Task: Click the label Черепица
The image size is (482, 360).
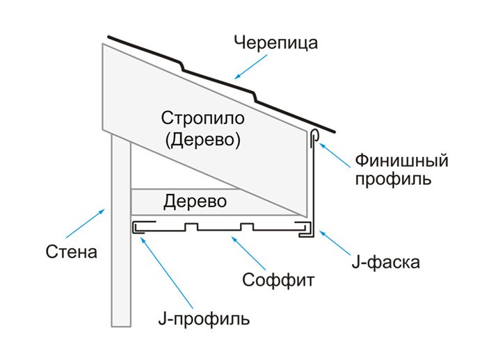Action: click(x=275, y=42)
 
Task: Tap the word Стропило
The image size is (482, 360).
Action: click(x=203, y=118)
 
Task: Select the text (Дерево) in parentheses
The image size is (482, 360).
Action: click(x=203, y=140)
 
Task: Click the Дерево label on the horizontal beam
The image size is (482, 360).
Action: click(x=195, y=202)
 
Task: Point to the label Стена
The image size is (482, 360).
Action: click(x=72, y=252)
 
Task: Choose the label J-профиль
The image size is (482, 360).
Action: click(x=204, y=319)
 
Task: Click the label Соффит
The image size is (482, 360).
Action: click(x=278, y=280)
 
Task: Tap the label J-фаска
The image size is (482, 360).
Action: click(x=386, y=262)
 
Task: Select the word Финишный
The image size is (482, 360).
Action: click(x=401, y=161)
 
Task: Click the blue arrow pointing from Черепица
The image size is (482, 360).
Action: click(x=251, y=67)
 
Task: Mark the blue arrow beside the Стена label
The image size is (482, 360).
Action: click(x=86, y=223)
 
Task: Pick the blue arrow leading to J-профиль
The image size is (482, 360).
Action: click(x=167, y=272)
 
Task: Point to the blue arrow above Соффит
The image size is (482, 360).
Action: click(x=248, y=254)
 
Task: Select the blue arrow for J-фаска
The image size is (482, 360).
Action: click(x=335, y=243)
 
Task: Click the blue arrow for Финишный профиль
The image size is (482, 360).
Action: click(x=335, y=156)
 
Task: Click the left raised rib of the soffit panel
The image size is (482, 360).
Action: click(x=191, y=227)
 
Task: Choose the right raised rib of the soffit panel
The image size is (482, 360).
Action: click(x=247, y=227)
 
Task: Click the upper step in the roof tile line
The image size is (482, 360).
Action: click(x=182, y=66)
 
